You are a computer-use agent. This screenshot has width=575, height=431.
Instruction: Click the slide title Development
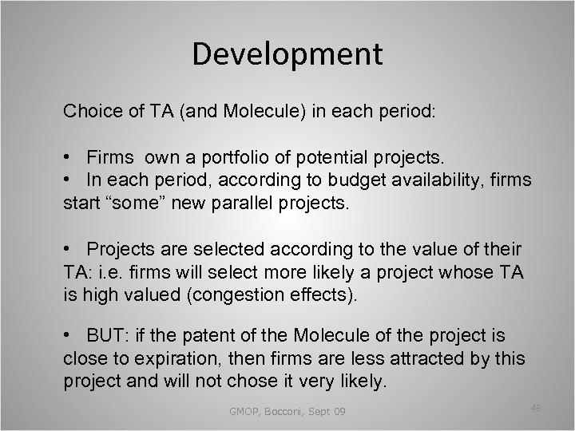(287, 54)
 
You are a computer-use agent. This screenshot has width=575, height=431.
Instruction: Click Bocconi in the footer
(280, 412)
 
